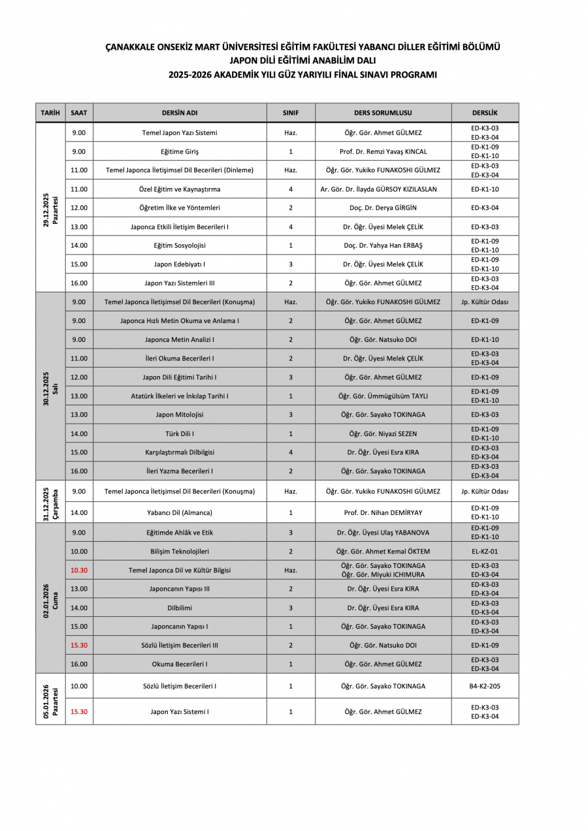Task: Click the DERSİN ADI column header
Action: [180, 112]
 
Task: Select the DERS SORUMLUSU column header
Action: [383, 112]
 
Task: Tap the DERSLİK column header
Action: [485, 112]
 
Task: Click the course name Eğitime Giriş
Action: [180, 151]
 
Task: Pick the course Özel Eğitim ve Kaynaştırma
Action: [180, 189]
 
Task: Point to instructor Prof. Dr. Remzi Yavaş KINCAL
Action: [383, 151]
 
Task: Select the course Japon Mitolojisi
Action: [180, 415]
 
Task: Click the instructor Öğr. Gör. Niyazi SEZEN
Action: [383, 433]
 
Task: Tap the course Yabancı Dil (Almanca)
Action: [180, 512]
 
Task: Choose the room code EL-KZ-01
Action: [485, 552]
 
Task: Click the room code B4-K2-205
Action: [485, 686]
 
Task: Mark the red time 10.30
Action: [79, 570]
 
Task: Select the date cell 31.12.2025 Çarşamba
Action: [50, 501]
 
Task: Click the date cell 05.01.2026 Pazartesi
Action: [50, 699]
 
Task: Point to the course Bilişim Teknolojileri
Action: [180, 552]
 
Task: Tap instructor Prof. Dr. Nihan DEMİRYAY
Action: [383, 512]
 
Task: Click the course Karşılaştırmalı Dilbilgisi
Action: [180, 452]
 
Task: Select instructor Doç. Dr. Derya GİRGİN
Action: [383, 208]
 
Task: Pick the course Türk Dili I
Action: [180, 433]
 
